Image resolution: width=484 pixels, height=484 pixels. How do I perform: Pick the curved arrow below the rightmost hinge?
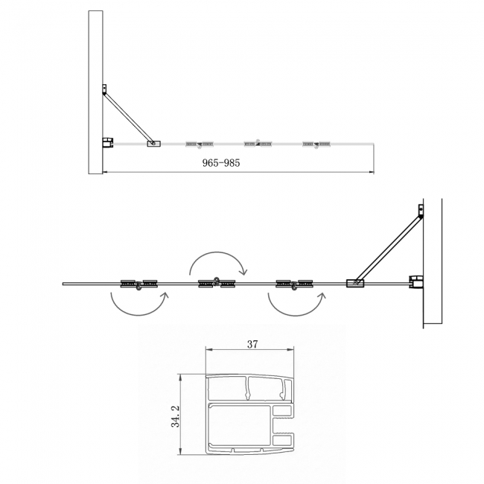[x=296, y=305]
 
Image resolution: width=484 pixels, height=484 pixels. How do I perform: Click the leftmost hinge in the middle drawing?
[x=139, y=284]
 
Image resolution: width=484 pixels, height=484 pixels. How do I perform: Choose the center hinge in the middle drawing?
[x=217, y=283]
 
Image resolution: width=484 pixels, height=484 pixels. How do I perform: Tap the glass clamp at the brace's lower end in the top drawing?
[x=153, y=142]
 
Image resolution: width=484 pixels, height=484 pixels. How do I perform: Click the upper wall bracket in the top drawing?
[x=104, y=91]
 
